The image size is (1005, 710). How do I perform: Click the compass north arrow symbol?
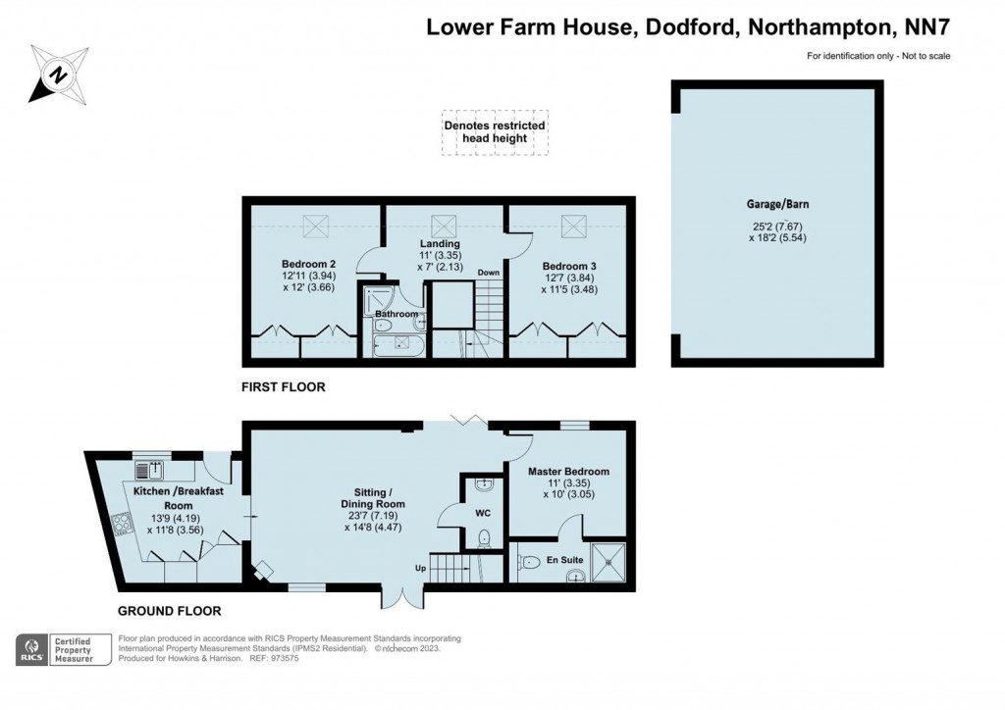(x=57, y=73)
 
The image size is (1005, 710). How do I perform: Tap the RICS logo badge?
(x=33, y=649)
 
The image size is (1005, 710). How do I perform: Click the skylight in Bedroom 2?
(x=316, y=227)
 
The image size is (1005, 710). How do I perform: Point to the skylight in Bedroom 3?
(x=572, y=227)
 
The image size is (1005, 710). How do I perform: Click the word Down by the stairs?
(x=489, y=273)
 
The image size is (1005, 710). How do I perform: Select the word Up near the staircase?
(x=420, y=568)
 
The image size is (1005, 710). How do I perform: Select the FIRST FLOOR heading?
(x=284, y=387)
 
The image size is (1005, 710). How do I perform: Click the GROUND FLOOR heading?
(x=169, y=610)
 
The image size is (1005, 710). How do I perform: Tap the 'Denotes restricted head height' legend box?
(x=494, y=132)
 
